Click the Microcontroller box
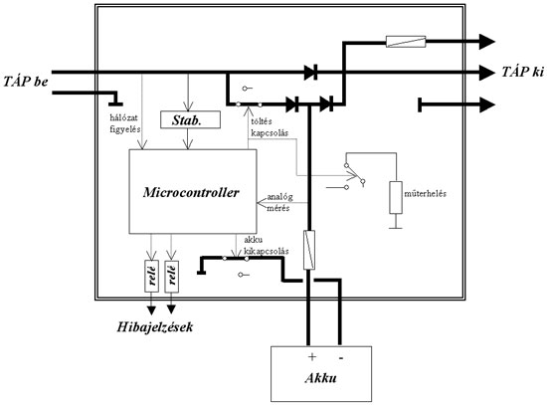189,192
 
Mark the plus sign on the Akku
310,355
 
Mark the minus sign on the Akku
342,355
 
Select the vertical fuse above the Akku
309,246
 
